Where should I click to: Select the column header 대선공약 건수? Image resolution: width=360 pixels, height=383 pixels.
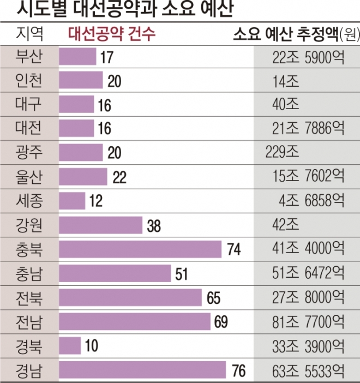coord(112,34)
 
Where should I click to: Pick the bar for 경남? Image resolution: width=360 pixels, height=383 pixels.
coord(142,369)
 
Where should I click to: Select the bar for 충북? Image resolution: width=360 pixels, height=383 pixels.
coord(140,249)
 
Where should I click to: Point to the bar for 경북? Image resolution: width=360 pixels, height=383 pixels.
coord(70,345)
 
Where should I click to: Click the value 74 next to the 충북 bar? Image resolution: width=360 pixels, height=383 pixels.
coord(234,250)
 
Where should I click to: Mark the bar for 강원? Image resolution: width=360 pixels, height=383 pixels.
coord(100,225)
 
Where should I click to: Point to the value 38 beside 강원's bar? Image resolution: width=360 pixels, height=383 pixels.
coord(154,226)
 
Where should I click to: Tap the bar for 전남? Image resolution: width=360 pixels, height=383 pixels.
coord(134,321)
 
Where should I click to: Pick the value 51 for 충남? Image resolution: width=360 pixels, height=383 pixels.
coord(181,274)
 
